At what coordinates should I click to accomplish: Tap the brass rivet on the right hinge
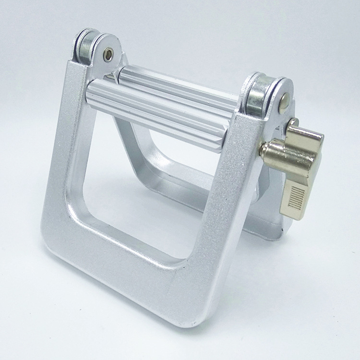pyautogui.click(x=285, y=100)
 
